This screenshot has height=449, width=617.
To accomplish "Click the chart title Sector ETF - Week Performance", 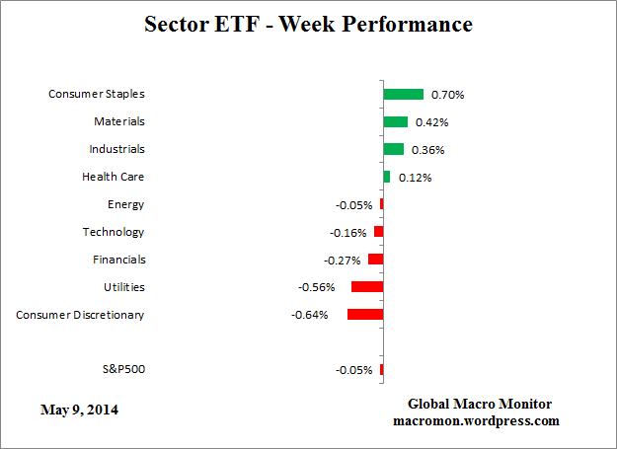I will click(x=308, y=23).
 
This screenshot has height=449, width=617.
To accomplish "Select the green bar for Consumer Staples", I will click(x=403, y=95).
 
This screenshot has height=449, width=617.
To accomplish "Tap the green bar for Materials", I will click(x=395, y=122).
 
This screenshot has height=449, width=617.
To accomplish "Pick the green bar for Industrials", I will click(x=393, y=150).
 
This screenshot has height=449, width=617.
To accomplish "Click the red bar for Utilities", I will click(x=366, y=287).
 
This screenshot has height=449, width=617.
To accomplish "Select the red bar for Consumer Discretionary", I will click(x=364, y=315).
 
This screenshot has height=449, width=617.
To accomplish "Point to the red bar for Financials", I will click(x=375, y=260).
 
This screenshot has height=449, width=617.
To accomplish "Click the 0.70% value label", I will click(x=447, y=96).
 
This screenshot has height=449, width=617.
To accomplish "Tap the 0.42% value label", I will click(x=431, y=123).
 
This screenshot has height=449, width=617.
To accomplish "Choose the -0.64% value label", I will click(x=309, y=316).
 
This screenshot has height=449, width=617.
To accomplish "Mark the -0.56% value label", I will click(x=316, y=288).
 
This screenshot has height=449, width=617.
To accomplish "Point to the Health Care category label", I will click(x=113, y=178).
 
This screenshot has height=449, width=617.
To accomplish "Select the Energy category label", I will click(x=125, y=205).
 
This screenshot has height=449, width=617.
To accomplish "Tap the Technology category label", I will click(x=113, y=233).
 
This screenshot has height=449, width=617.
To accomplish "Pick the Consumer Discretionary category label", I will click(x=80, y=315).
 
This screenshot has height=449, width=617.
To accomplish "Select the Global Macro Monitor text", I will click(x=480, y=405).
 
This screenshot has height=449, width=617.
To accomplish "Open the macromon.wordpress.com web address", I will click(x=476, y=420).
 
